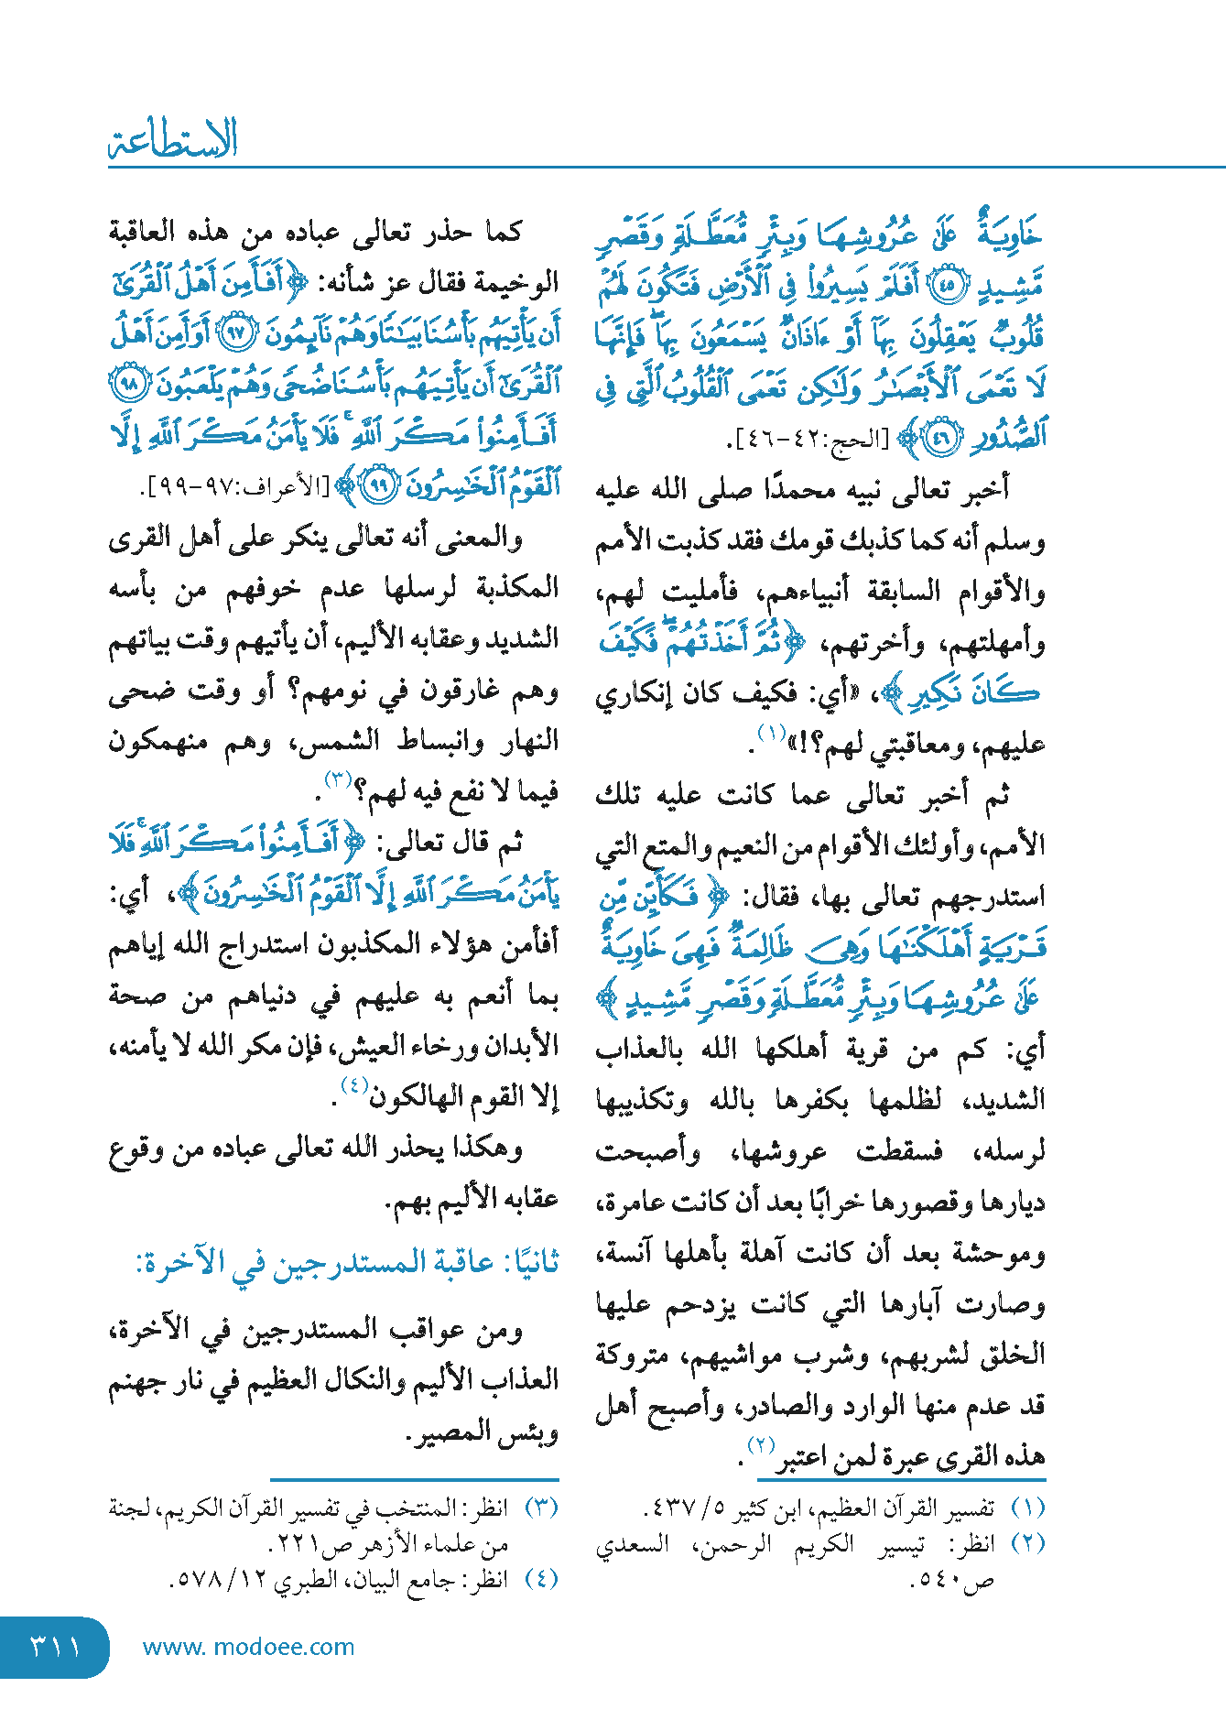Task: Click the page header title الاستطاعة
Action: point(173,140)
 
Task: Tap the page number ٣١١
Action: point(55,1647)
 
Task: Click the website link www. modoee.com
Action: point(248,1647)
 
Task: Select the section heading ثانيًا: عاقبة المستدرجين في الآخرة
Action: point(347,1262)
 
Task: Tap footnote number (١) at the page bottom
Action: point(1027,1508)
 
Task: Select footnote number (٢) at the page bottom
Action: point(1027,1543)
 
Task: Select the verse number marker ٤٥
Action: point(947,286)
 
